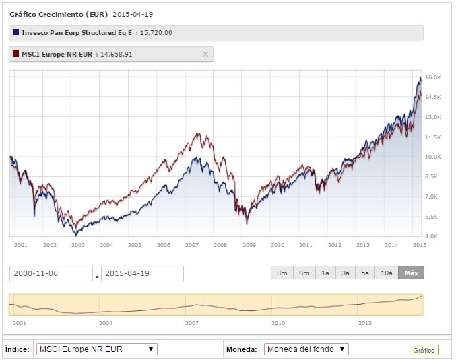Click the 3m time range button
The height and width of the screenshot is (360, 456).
pyautogui.click(x=282, y=273)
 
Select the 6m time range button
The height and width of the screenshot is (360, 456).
pyautogui.click(x=304, y=273)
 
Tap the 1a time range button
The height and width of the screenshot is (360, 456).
pyautogui.click(x=325, y=273)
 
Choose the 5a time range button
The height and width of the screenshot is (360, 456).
pyautogui.click(x=366, y=273)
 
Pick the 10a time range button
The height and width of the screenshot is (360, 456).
pyautogui.click(x=387, y=273)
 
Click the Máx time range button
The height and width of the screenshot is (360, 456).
pyautogui.click(x=411, y=273)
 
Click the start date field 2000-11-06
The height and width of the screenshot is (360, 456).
pyautogui.click(x=51, y=273)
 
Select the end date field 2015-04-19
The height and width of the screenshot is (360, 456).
pyautogui.click(x=142, y=273)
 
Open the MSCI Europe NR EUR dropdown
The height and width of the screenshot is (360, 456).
pyautogui.click(x=97, y=349)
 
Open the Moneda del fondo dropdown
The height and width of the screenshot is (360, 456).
pyautogui.click(x=306, y=349)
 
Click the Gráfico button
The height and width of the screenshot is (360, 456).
pyautogui.click(x=424, y=350)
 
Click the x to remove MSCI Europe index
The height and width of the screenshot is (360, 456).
pyautogui.click(x=205, y=54)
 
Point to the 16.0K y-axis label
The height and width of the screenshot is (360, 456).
pyautogui.click(x=432, y=78)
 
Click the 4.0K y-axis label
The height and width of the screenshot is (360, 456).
pyautogui.click(x=432, y=236)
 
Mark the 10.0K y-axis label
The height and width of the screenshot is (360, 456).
pyautogui.click(x=432, y=157)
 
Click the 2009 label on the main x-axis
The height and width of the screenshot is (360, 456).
pyautogui.click(x=249, y=245)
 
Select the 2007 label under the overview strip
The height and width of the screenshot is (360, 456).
pyautogui.click(x=192, y=323)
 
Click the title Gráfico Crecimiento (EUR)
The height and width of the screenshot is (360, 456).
pyautogui.click(x=57, y=13)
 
